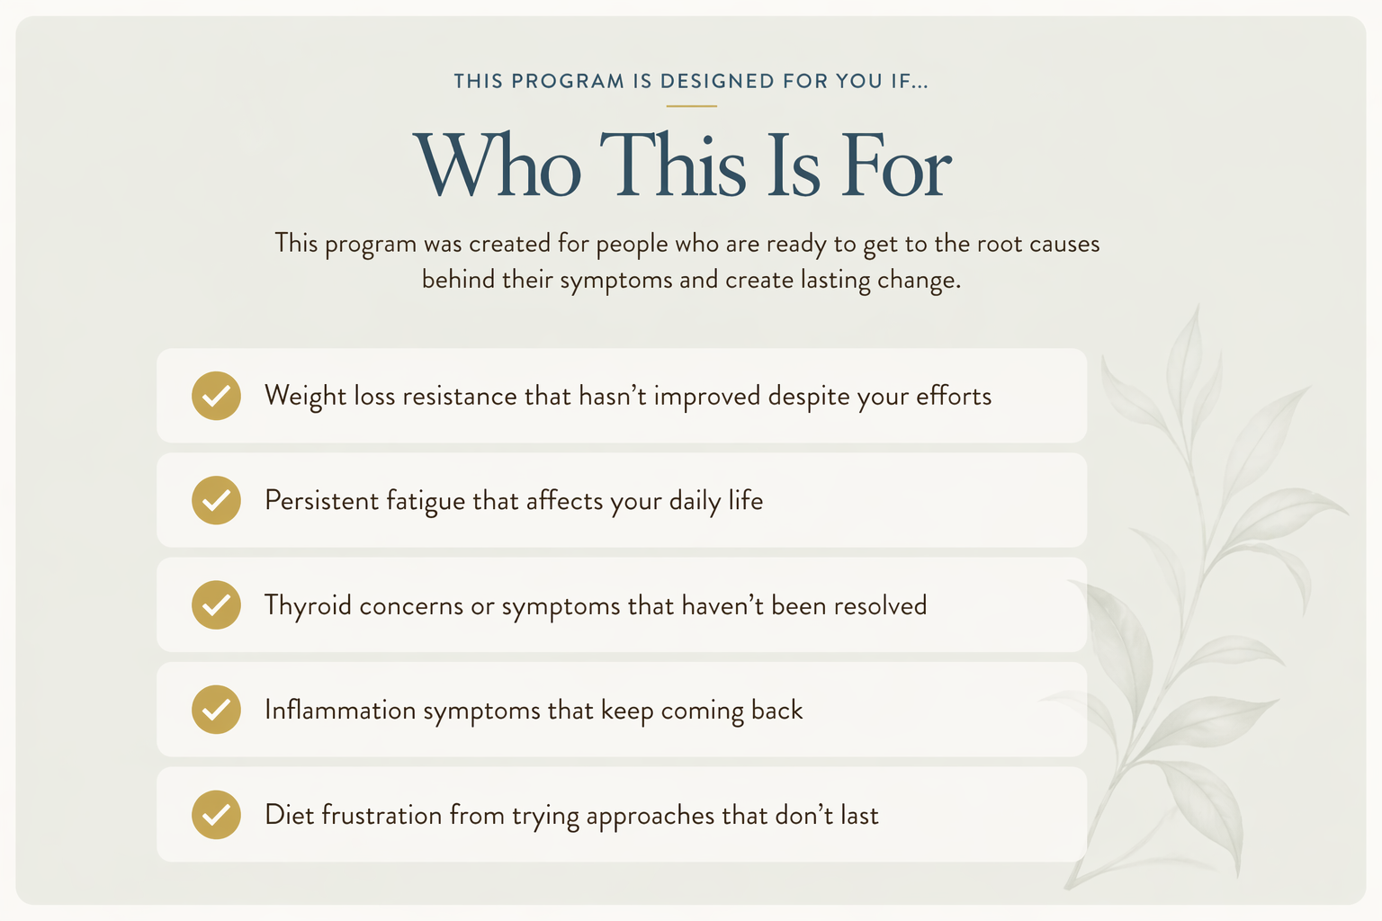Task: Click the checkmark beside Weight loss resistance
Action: (216, 396)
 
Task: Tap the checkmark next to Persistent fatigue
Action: (216, 500)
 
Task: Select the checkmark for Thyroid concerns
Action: (216, 605)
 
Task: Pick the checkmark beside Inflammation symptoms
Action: (216, 710)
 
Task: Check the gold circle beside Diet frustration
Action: (216, 814)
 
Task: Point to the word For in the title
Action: (896, 165)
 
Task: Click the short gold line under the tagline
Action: (692, 106)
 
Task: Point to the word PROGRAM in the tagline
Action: (568, 81)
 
